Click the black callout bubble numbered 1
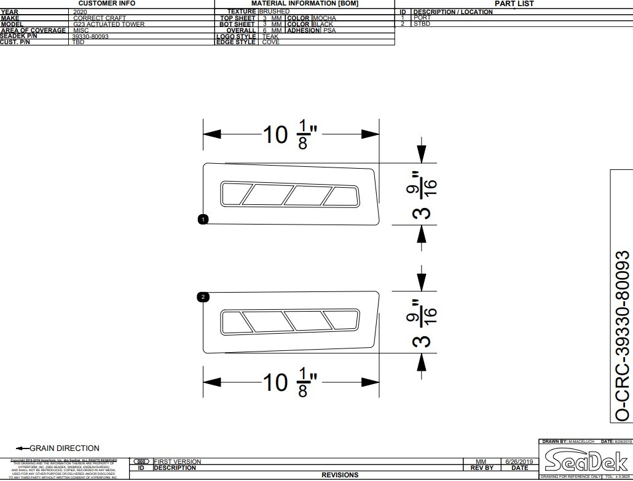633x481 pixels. pyautogui.click(x=203, y=219)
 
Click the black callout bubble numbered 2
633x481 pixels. pyautogui.click(x=203, y=297)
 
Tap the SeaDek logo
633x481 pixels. pyautogui.click(x=584, y=460)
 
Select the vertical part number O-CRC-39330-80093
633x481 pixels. pyautogui.click(x=623, y=336)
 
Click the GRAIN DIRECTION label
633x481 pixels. pyautogui.click(x=64, y=448)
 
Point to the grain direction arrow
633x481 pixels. pyautogui.click(x=22, y=448)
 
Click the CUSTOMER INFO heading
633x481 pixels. pyautogui.click(x=106, y=4)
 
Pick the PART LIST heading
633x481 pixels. pyautogui.click(x=514, y=4)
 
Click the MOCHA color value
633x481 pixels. pyautogui.click(x=324, y=18)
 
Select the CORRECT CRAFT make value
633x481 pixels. pyautogui.click(x=99, y=18)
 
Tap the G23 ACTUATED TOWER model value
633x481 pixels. pyautogui.click(x=109, y=25)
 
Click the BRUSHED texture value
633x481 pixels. pyautogui.click(x=274, y=12)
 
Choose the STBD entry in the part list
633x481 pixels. pyautogui.click(x=422, y=24)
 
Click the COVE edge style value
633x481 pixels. pyautogui.click(x=270, y=42)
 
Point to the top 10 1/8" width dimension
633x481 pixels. pyautogui.click(x=291, y=134)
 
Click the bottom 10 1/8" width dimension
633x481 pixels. pyautogui.click(x=291, y=382)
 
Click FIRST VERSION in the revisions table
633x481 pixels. pyautogui.click(x=177, y=461)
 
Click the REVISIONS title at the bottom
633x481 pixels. pyautogui.click(x=340, y=475)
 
